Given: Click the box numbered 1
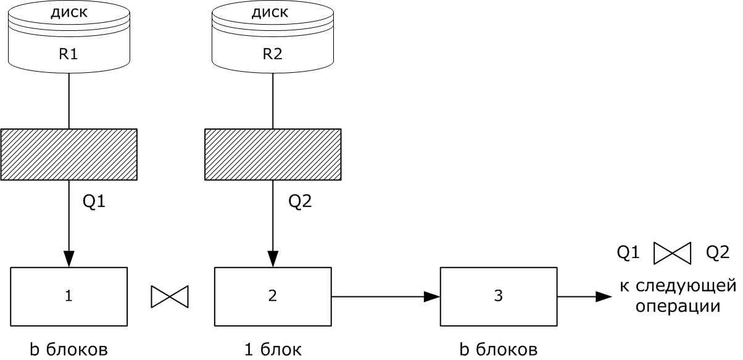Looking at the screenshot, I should click(x=68, y=296).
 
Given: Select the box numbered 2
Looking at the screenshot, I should click(x=272, y=296).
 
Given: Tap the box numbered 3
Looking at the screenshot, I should click(x=499, y=296).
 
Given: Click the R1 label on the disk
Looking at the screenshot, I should click(x=68, y=54).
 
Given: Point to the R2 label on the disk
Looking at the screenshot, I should click(x=272, y=54).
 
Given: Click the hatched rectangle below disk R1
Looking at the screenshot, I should click(x=68, y=154).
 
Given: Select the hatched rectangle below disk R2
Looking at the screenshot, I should click(x=272, y=154).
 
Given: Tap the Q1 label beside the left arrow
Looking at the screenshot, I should click(x=94, y=201).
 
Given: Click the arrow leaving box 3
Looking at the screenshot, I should click(x=584, y=297).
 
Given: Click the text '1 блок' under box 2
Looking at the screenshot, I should click(x=272, y=350).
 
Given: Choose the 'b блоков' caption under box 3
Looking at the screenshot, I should click(x=499, y=350).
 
